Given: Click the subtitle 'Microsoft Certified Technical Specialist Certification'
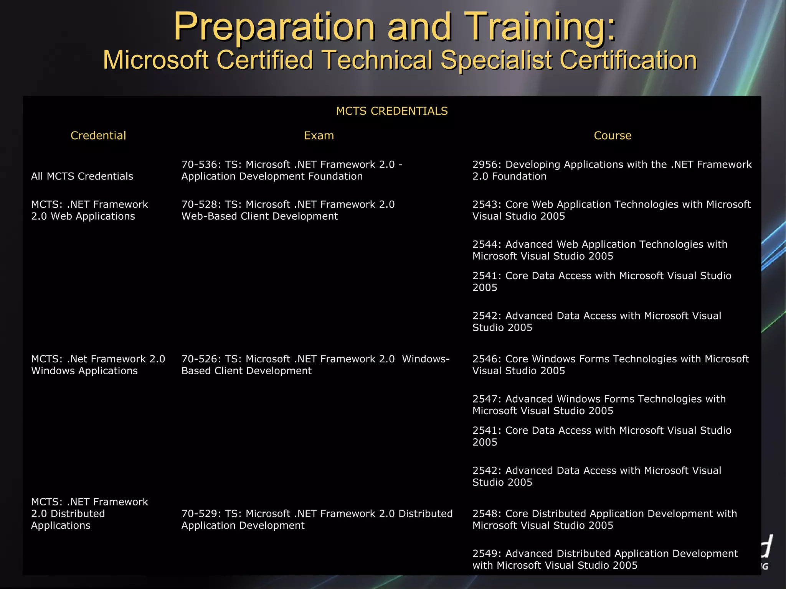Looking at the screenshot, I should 400,60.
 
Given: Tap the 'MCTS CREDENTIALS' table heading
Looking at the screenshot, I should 392,111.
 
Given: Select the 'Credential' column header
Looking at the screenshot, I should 98,136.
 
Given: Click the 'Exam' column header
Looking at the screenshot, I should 319,136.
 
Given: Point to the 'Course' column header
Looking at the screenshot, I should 613,136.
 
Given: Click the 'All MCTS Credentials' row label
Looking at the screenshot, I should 82,176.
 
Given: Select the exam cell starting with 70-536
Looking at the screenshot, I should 292,170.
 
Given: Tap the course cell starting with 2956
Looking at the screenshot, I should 612,170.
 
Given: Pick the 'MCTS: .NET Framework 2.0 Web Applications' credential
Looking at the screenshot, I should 89,210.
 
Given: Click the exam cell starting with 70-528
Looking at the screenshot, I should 288,210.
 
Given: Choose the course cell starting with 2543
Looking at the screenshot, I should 611,210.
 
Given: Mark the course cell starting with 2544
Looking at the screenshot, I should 600,250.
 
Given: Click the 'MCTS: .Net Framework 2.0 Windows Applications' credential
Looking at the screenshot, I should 98,365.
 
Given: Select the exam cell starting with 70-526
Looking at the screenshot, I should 315,365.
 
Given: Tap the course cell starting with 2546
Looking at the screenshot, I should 611,365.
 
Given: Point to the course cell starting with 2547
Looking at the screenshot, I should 599,405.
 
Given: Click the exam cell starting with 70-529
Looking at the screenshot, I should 317,519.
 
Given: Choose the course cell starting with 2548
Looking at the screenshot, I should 604,519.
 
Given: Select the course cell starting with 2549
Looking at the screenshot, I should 605,559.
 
